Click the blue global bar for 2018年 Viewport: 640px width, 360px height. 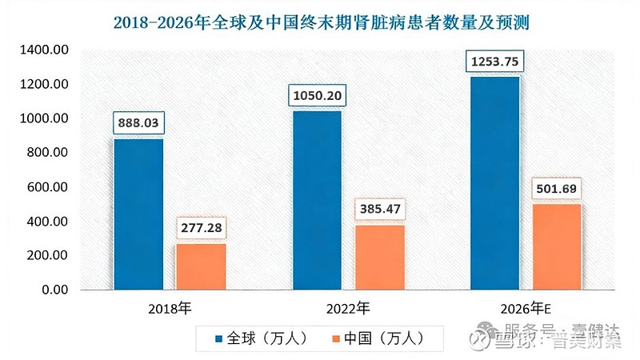click(x=138, y=214)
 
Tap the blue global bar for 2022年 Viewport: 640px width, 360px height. click(x=318, y=200)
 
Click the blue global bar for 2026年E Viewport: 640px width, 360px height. click(x=496, y=182)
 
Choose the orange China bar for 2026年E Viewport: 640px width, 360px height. click(x=557, y=246)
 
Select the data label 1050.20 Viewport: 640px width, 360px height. click(x=318, y=96)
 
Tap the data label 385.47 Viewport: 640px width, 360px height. click(x=379, y=210)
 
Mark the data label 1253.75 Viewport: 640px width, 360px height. click(x=496, y=62)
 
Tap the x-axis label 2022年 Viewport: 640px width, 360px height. click(x=349, y=308)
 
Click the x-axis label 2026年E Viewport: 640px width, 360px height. click(x=528, y=308)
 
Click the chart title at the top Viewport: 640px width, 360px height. click(x=320, y=22)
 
